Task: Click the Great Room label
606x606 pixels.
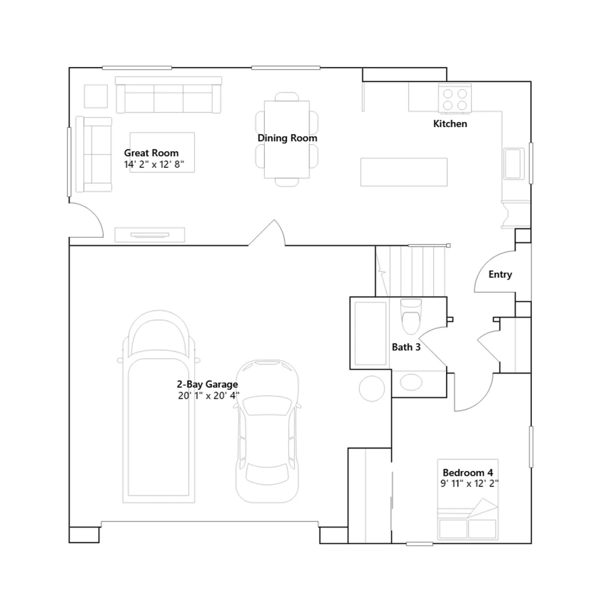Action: coord(151,153)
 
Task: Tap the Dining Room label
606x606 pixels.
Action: coord(287,138)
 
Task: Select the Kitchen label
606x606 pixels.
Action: coord(450,124)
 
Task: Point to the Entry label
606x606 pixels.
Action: coord(500,275)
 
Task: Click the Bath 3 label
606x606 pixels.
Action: coord(406,347)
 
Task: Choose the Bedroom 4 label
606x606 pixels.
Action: coord(468,473)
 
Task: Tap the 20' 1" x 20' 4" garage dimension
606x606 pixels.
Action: coord(209,396)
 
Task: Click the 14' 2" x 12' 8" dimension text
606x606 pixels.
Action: coord(154,164)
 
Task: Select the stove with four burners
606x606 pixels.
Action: coord(455,98)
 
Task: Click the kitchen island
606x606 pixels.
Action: coord(404,172)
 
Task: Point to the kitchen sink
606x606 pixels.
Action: coord(513,163)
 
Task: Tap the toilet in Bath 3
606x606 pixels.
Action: coord(411,317)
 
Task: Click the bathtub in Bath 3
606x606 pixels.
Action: coord(370,333)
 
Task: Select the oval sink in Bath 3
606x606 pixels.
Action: coord(411,382)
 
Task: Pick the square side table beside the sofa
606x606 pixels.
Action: coord(96,96)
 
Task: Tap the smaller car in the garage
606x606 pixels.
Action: coord(267,431)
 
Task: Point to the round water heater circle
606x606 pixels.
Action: coord(372,389)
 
